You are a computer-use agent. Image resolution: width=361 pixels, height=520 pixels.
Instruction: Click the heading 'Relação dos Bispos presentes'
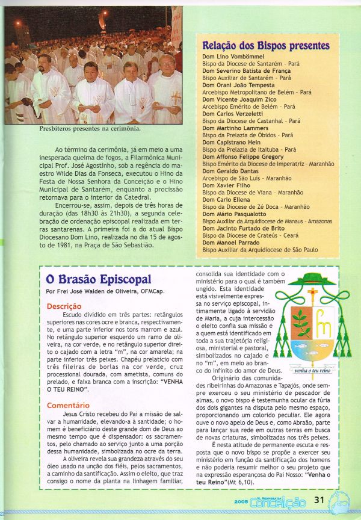pos(266,46)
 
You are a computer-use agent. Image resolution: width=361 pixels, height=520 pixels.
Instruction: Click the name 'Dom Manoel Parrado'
pos(230,242)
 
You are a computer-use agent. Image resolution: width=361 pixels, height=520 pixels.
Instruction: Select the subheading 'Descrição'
pos(64,306)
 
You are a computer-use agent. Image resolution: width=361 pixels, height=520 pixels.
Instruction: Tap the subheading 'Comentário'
pos(67,405)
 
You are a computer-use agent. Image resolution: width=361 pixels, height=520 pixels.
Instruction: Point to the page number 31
pos(319,499)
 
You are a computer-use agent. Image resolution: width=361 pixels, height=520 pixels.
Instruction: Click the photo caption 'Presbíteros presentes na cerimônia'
pos(90,128)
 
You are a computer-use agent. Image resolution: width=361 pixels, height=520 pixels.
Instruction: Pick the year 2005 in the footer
pos(242,501)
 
